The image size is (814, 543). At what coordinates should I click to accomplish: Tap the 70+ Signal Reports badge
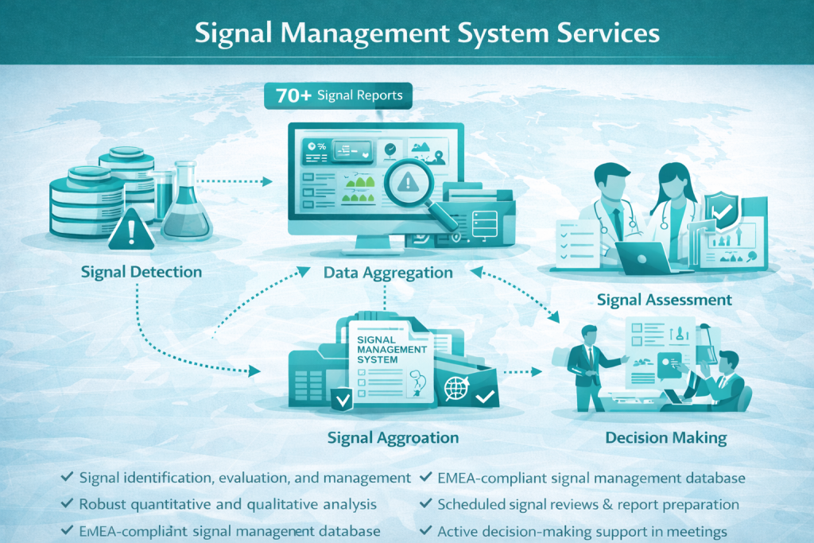338,95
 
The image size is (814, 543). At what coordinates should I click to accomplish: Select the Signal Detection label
141,272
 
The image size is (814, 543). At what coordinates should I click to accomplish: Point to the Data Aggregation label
388,273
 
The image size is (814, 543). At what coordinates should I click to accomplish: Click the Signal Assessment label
664,300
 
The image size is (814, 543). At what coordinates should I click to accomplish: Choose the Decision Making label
665,437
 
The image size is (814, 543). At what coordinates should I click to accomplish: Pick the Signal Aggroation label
393,437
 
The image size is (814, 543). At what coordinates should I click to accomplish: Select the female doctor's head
672,179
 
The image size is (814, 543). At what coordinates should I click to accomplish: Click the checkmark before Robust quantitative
68,504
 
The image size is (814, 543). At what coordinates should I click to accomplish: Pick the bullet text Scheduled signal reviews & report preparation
588,504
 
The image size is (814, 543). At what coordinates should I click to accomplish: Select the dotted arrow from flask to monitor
235,182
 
